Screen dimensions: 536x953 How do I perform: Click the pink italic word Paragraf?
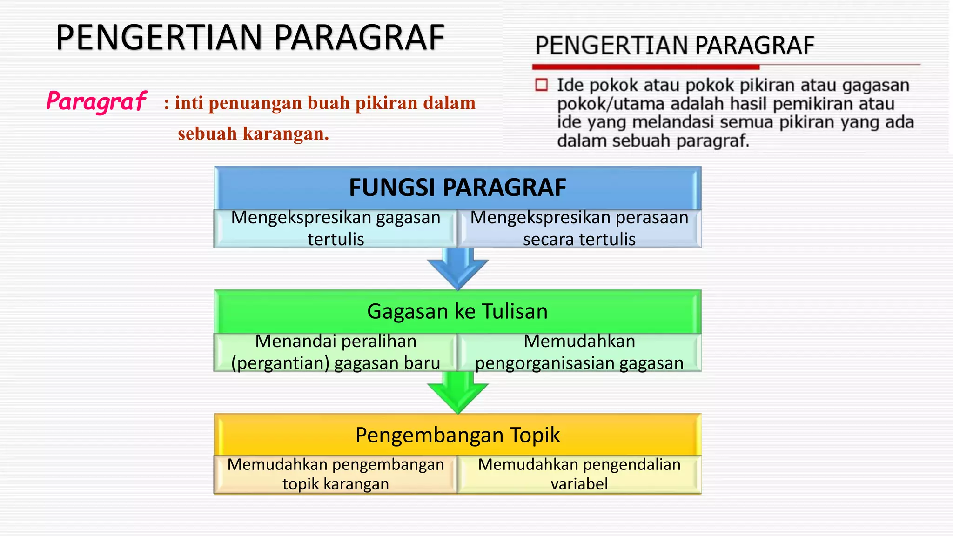pyautogui.click(x=96, y=101)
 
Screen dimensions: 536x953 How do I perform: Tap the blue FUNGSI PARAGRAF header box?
pyautogui.click(x=457, y=188)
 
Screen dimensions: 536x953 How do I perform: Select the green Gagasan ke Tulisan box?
pyautogui.click(x=457, y=311)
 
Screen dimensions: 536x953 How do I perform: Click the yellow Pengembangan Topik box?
pyautogui.click(x=457, y=435)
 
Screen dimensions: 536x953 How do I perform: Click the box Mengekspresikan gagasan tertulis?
pyautogui.click(x=336, y=228)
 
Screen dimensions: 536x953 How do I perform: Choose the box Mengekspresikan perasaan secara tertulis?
pyautogui.click(x=579, y=228)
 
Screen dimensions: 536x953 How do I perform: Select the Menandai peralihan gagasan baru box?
pyautogui.click(x=336, y=352)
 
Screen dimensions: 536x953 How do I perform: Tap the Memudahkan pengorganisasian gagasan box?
pyautogui.click(x=579, y=352)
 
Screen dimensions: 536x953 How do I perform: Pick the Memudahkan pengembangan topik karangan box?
pyautogui.click(x=336, y=474)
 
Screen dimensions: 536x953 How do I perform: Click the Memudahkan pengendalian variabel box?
pyautogui.click(x=579, y=474)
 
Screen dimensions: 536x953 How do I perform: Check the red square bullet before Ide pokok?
pyautogui.click(x=541, y=85)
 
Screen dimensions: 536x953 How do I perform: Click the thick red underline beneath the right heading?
pyautogui.click(x=646, y=67)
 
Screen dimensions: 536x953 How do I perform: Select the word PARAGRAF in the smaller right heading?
pyautogui.click(x=754, y=46)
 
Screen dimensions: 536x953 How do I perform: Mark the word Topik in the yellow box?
pyautogui.click(x=535, y=435)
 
